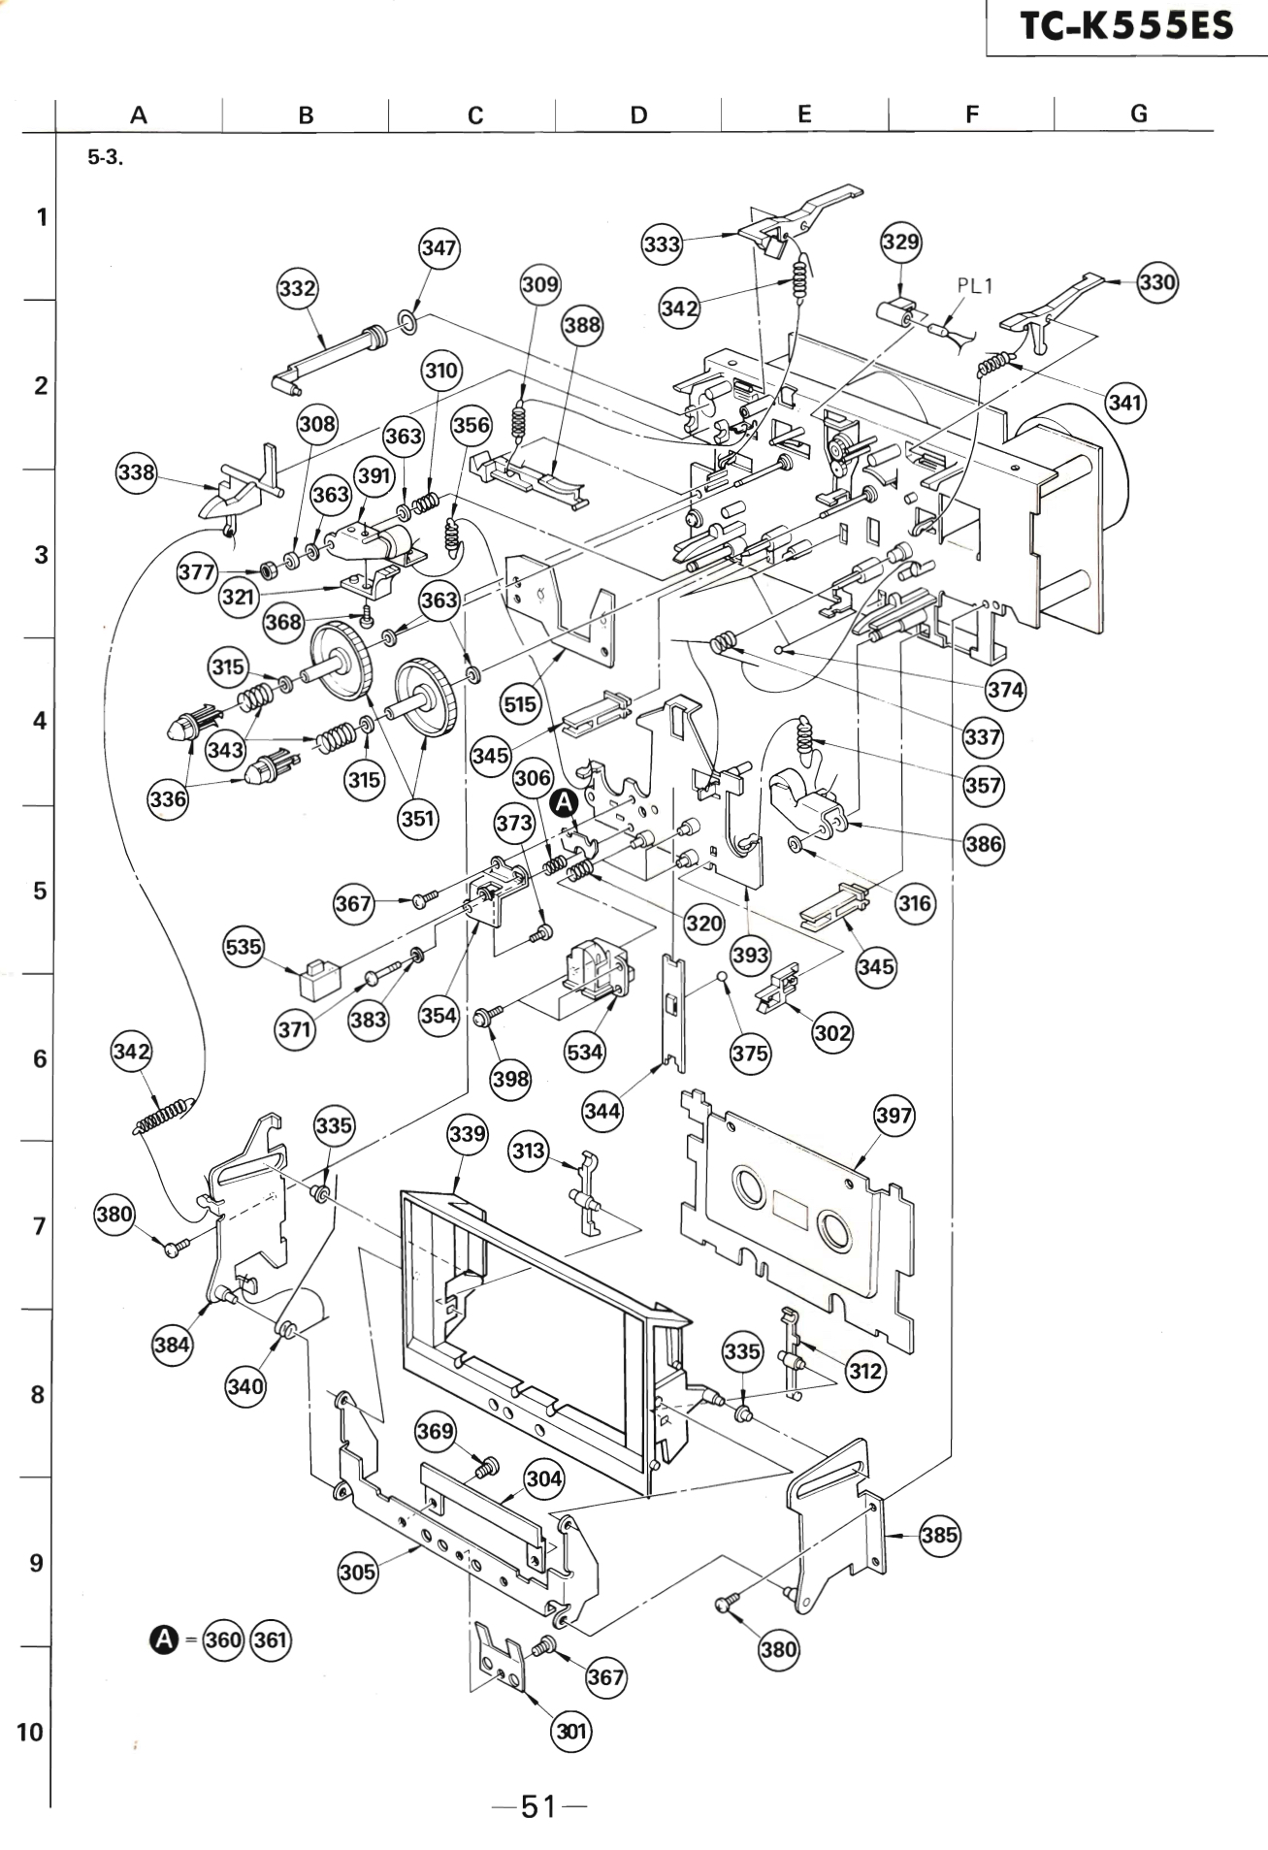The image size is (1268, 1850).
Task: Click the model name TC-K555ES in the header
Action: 1126,25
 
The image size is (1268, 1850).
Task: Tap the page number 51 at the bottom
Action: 538,1806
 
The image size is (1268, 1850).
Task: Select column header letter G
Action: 1138,114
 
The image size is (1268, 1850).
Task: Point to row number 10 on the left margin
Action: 30,1732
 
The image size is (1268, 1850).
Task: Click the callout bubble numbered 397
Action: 894,1115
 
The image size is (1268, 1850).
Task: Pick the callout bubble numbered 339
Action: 467,1133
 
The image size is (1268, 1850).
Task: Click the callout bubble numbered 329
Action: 900,242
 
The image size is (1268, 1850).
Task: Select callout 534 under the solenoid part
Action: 584,1052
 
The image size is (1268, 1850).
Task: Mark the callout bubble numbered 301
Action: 571,1731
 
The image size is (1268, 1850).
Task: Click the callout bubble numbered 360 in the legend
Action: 223,1639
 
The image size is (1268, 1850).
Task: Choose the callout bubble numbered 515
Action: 520,703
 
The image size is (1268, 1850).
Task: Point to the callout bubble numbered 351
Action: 417,818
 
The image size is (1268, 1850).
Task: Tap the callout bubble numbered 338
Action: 136,472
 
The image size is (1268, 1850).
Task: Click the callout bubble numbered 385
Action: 939,1536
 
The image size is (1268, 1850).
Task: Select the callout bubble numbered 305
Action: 357,1572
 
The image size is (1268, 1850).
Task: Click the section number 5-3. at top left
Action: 105,157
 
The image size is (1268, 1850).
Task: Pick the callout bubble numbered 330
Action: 1156,282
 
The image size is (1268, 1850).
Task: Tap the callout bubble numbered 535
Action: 244,946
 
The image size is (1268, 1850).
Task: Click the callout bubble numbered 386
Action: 983,844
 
